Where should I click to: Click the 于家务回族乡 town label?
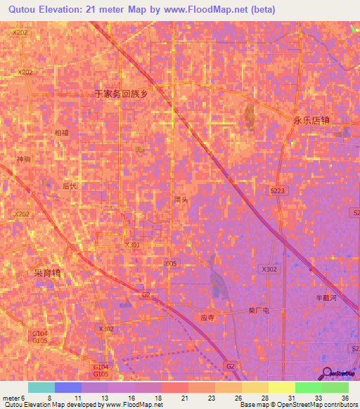(x=123, y=93)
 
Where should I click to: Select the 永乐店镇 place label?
(x=311, y=120)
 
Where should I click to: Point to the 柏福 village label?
(x=62, y=133)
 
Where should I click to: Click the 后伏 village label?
(x=69, y=186)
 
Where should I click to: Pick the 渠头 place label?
(x=181, y=200)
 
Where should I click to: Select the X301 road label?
(x=132, y=245)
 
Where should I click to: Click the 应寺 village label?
(x=207, y=318)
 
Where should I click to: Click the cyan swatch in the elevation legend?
(x=41, y=387)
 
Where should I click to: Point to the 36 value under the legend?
(x=345, y=398)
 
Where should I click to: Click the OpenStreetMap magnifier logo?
(x=327, y=372)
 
